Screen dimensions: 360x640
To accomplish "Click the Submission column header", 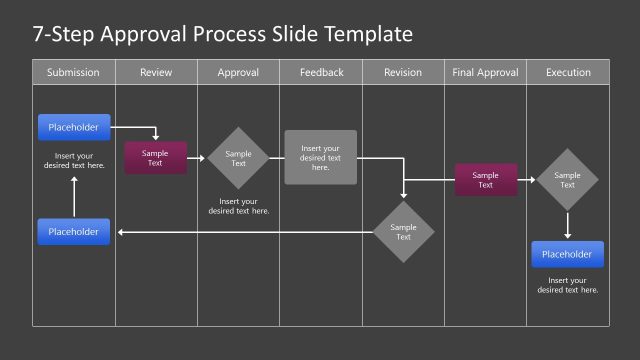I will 74,72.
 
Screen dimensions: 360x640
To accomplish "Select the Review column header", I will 156,72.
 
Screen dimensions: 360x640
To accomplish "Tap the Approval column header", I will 238,72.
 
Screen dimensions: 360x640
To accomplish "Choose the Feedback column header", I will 321,72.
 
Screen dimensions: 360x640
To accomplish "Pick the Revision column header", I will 403,72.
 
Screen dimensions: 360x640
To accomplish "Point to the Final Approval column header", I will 485,72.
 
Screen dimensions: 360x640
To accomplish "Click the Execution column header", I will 568,72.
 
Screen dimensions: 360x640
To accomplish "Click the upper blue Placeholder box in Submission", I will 74,127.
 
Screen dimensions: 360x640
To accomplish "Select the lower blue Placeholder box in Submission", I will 74,232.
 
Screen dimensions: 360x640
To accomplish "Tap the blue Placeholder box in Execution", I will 568,254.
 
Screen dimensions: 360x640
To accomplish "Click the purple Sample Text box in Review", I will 155,158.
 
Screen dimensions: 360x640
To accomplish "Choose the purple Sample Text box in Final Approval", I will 486,180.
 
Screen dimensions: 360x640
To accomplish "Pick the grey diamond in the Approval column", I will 238,158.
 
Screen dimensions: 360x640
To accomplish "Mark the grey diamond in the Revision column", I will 404,232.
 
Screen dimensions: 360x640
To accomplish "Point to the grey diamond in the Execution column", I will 567,180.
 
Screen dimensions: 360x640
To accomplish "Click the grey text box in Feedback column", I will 320,157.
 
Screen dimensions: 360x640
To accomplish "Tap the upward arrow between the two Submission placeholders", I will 74,195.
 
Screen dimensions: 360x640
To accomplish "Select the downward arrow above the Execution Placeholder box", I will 567,225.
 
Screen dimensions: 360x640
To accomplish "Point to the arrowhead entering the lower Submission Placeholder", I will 121,232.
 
